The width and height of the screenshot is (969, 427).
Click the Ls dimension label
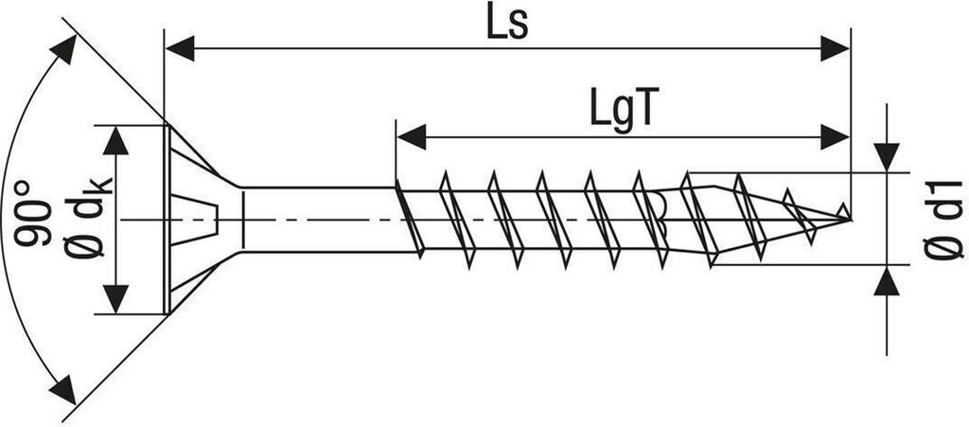pos(507,24)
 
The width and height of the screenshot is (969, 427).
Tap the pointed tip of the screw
pos(851,219)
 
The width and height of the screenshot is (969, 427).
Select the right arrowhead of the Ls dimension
pos(835,48)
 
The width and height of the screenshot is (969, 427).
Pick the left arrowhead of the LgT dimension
pos(411,136)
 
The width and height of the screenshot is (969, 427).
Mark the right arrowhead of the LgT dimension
pos(835,136)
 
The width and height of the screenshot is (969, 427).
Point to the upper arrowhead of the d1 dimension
pos(887,157)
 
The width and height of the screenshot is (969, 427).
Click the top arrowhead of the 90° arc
pos(64,49)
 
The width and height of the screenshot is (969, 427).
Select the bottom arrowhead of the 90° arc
pos(62,389)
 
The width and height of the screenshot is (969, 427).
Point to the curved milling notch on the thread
pos(659,214)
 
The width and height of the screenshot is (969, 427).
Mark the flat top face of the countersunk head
pos(167,220)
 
